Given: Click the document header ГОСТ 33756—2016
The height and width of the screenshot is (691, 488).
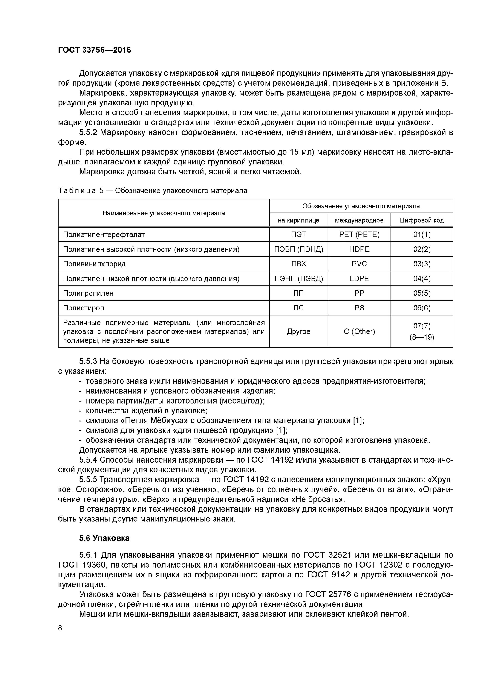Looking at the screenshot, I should pyautogui.click(x=94, y=50).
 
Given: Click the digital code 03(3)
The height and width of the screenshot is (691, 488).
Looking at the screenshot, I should pyautogui.click(x=422, y=264).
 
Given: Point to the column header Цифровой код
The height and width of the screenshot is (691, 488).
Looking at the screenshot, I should pyautogui.click(x=422, y=220).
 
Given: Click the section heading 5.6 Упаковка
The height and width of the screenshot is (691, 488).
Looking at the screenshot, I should pyautogui.click(x=104, y=538).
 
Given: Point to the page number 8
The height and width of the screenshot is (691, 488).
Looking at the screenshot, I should pyautogui.click(x=60, y=627).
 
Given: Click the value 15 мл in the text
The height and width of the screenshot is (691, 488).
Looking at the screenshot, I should pyautogui.click(x=302, y=152).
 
